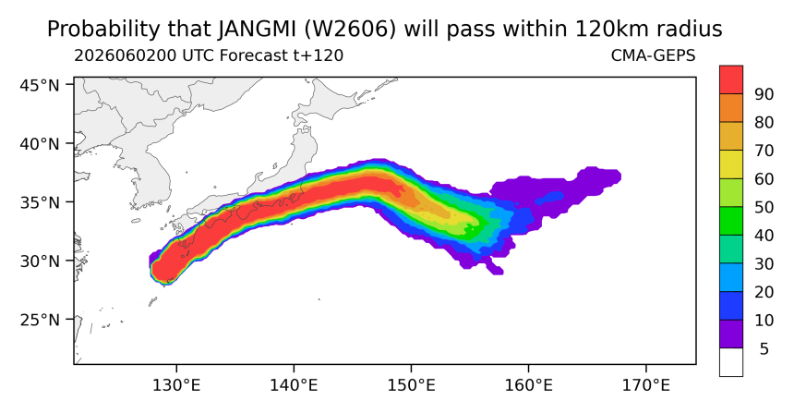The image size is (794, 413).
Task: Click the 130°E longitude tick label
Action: pos(176,385)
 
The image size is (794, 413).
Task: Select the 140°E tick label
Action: pos(294,385)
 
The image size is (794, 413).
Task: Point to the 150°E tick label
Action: pos(411,385)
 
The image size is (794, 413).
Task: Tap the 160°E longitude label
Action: pos(529,385)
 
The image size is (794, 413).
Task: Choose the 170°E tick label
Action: pos(645,385)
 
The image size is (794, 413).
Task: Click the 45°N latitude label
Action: pos(40,85)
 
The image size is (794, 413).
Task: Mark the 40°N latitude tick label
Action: pos(40,144)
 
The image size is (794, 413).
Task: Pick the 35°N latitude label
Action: pos(40,202)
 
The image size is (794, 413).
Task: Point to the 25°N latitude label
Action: pos(40,321)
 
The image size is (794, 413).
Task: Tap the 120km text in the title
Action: pos(611,30)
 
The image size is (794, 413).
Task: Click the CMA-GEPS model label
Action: pos(654,55)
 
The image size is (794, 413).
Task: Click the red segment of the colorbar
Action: pos(731,79)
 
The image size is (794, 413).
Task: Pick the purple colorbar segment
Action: pos(731,334)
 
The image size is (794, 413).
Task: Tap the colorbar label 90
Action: pos(764,94)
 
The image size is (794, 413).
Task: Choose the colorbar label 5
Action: pos(764,348)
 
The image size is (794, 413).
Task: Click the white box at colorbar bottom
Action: pos(731,362)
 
